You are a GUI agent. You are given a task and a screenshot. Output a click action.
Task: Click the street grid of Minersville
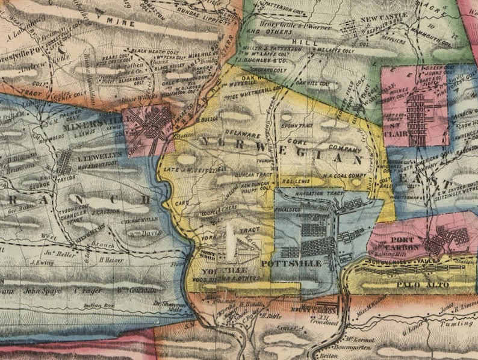153,122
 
